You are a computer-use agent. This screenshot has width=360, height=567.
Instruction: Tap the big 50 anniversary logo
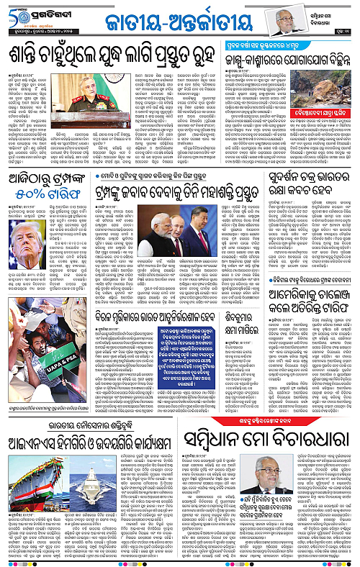14,16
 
